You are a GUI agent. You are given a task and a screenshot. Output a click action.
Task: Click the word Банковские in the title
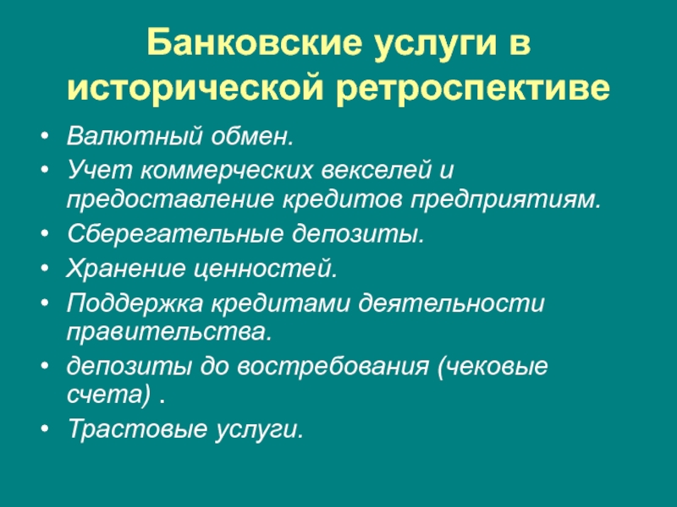point(253,43)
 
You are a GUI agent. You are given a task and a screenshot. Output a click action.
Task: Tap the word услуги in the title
point(435,46)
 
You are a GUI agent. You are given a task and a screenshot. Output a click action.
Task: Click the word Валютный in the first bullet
point(135,136)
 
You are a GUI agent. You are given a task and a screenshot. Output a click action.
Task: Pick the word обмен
point(252,136)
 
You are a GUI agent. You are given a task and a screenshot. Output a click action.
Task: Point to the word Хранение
point(125,268)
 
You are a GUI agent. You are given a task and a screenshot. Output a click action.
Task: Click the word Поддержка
point(135,303)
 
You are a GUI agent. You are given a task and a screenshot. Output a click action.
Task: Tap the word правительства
point(169,332)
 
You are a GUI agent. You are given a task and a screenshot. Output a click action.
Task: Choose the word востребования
point(333,368)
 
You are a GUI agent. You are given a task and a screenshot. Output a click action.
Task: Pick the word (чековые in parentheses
point(493,368)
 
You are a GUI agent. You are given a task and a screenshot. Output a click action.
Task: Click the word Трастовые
point(137,429)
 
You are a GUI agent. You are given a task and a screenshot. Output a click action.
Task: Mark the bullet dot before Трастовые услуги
point(45,429)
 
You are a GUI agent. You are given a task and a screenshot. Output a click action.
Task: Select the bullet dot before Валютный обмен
point(45,136)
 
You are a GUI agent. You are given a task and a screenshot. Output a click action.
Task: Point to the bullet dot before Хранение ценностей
point(45,268)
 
